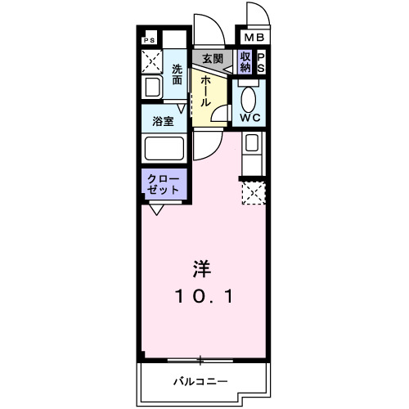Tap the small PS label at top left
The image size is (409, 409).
[x=149, y=39]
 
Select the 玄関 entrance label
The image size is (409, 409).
[x=213, y=59]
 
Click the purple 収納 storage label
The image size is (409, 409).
[x=245, y=62]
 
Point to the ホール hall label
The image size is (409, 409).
[x=204, y=90]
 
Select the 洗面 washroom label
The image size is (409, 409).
[x=178, y=75]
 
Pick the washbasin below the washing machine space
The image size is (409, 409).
[x=152, y=88]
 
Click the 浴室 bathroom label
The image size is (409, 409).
[x=162, y=121]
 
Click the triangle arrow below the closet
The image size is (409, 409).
[x=155, y=209]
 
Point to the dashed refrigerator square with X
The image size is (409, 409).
[x=252, y=193]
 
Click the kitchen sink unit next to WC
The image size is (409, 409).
[x=252, y=151]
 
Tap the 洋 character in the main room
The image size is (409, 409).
[x=201, y=267]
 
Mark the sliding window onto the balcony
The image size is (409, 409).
[x=200, y=360]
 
